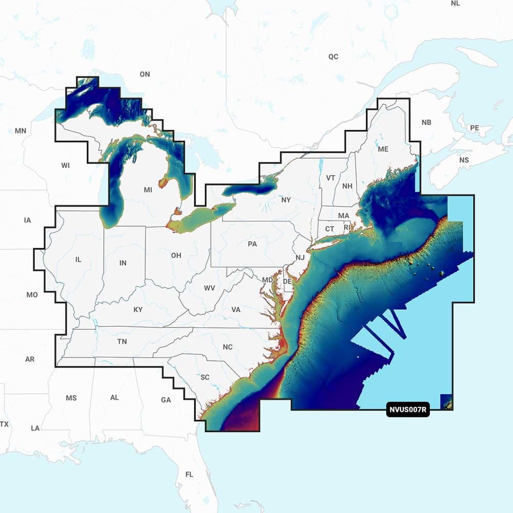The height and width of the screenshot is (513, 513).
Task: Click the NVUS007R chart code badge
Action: click(x=408, y=410)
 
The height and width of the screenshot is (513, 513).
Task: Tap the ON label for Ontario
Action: click(x=145, y=74)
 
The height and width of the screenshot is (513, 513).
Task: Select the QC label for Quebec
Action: click(x=333, y=56)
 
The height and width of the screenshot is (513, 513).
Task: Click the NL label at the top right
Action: click(x=456, y=3)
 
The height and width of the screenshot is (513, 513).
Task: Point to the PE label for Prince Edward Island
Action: click(x=475, y=127)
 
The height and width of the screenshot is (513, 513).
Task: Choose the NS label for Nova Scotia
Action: click(x=464, y=160)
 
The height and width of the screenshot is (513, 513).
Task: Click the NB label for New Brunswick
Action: click(x=426, y=123)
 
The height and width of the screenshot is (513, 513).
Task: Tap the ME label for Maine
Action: click(x=383, y=149)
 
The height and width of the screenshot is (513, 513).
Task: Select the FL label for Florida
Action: click(x=189, y=475)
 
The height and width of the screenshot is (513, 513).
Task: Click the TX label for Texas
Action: click(x=5, y=424)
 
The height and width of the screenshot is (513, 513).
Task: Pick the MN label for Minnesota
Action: click(x=21, y=131)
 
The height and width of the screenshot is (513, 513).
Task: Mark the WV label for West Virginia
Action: click(x=209, y=288)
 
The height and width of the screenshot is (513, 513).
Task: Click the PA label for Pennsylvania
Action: click(x=252, y=244)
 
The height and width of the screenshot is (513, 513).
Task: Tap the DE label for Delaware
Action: click(x=288, y=282)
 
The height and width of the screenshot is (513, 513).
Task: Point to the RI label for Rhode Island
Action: click(x=347, y=227)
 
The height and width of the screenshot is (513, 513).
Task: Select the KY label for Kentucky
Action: click(x=138, y=310)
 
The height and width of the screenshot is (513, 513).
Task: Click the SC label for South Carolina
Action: click(x=205, y=378)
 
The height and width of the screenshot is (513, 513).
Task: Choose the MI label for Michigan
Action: click(x=148, y=190)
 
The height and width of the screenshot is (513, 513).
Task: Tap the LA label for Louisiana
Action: click(x=35, y=428)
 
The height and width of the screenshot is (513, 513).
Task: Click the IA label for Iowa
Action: click(x=27, y=220)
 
